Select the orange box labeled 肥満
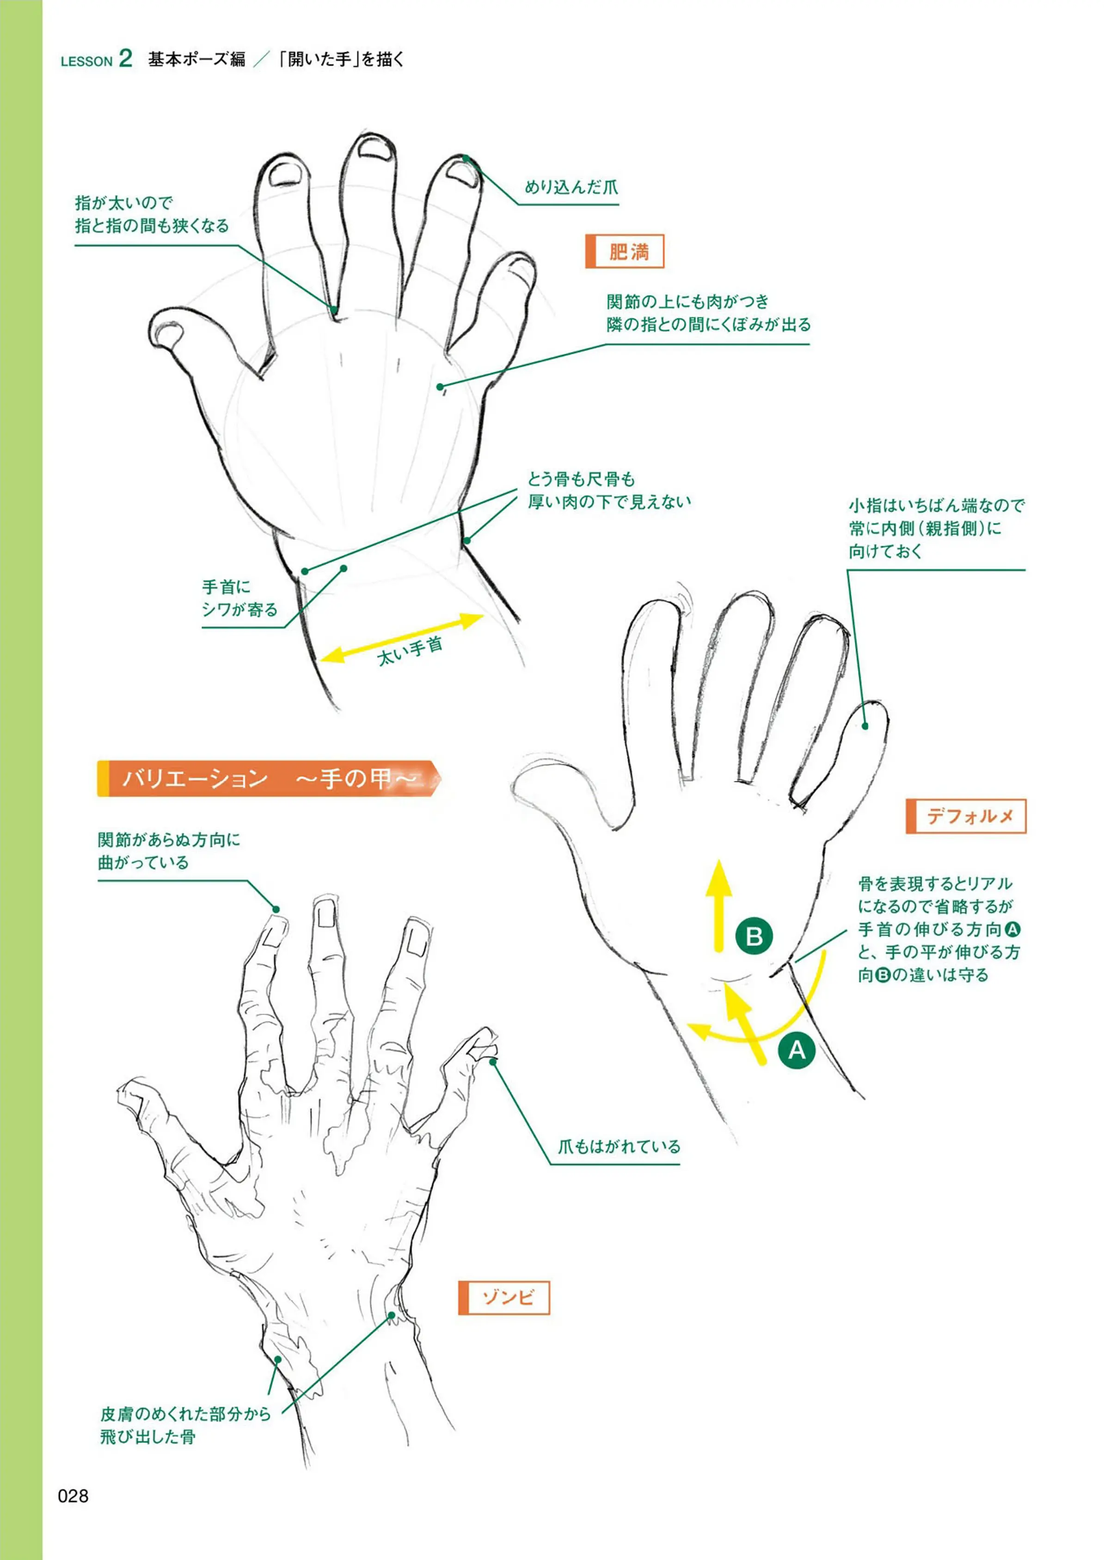[624, 252]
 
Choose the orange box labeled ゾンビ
[504, 1297]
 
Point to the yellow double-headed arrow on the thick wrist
[402, 637]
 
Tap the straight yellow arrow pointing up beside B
[718, 905]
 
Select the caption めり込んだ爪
[571, 188]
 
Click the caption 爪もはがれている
[619, 1147]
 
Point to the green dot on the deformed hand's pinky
[865, 726]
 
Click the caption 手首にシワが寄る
[240, 598]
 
